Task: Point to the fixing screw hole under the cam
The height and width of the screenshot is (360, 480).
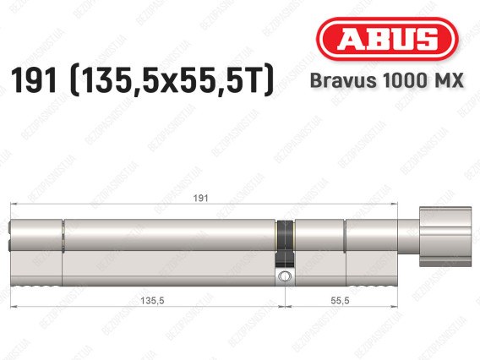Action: pos(285,275)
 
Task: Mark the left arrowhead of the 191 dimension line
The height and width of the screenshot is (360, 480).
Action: pos(11,205)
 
